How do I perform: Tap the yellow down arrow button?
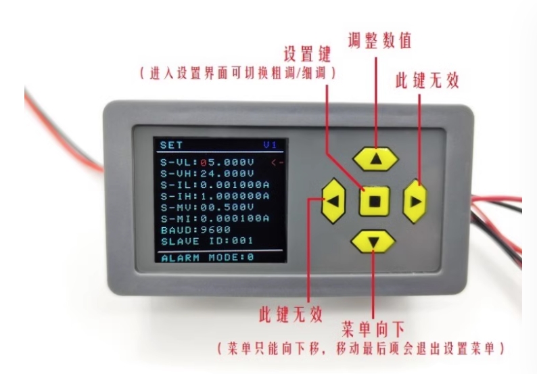pyautogui.click(x=373, y=242)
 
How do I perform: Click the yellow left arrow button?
pyautogui.click(x=333, y=201)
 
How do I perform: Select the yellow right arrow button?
pyautogui.click(x=415, y=201)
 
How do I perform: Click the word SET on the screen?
pyautogui.click(x=171, y=145)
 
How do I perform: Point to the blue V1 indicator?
pyautogui.click(x=270, y=145)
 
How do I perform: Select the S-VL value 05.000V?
pyautogui.click(x=227, y=162)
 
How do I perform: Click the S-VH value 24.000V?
pyautogui.click(x=227, y=174)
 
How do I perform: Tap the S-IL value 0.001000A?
pyautogui.click(x=235, y=185)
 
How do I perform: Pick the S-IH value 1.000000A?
pyautogui.click(x=235, y=196)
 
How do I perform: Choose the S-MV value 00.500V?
pyautogui.click(x=227, y=208)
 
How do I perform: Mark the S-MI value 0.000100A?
pyautogui.click(x=235, y=218)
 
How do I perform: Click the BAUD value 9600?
pyautogui.click(x=216, y=230)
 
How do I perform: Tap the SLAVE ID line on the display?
pyautogui.click(x=207, y=241)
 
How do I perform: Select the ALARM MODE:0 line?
pyautogui.click(x=208, y=258)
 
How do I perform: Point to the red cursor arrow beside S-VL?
pyautogui.click(x=277, y=163)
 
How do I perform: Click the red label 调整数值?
pyautogui.click(x=379, y=41)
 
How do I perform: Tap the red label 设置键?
pyautogui.click(x=307, y=54)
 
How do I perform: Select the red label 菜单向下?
pyautogui.click(x=373, y=329)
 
